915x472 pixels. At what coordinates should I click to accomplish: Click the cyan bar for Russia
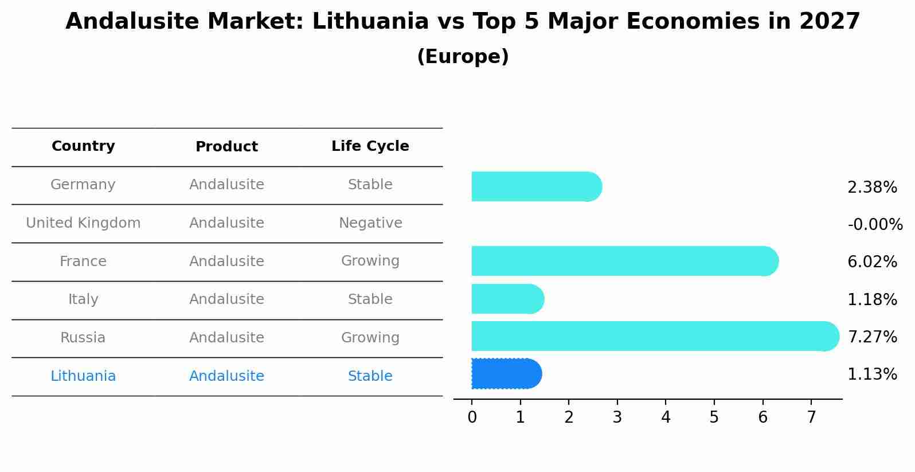[654, 336]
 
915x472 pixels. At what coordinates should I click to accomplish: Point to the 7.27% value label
[872, 337]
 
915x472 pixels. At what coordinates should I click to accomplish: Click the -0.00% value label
[875, 224]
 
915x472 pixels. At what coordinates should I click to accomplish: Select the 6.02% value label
[872, 262]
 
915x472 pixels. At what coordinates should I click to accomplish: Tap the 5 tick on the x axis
[714, 418]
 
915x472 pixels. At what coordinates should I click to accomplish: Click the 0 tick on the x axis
[472, 418]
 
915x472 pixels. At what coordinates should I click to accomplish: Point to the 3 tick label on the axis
[617, 418]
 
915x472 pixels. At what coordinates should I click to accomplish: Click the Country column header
[83, 146]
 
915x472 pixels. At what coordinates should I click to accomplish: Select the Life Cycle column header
[370, 146]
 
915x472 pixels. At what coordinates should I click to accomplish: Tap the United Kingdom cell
[83, 223]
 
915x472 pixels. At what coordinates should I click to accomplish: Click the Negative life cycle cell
[370, 223]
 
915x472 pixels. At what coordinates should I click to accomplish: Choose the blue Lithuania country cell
[83, 376]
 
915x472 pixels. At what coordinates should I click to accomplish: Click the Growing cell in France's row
[370, 261]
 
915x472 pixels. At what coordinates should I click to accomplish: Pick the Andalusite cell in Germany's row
[226, 185]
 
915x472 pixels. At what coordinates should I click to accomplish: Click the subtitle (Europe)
[463, 57]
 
